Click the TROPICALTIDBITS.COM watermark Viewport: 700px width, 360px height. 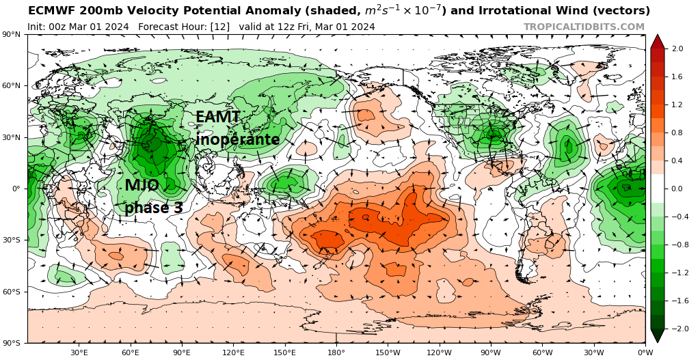(584, 27)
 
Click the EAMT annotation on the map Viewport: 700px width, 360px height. (217, 117)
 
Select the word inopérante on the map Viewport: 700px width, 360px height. (238, 139)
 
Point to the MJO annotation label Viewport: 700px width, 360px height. (142, 185)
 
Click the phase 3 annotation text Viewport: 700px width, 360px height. (153, 208)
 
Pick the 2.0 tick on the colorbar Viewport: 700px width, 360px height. (677, 49)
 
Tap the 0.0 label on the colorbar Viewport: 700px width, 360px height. (677, 189)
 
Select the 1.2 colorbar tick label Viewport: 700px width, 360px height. (677, 105)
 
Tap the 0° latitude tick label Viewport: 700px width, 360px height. (14, 189)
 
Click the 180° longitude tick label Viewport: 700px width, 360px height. (336, 352)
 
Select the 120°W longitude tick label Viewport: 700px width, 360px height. (439, 352)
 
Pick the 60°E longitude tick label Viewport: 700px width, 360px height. (131, 352)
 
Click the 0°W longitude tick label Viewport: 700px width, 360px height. (645, 352)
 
